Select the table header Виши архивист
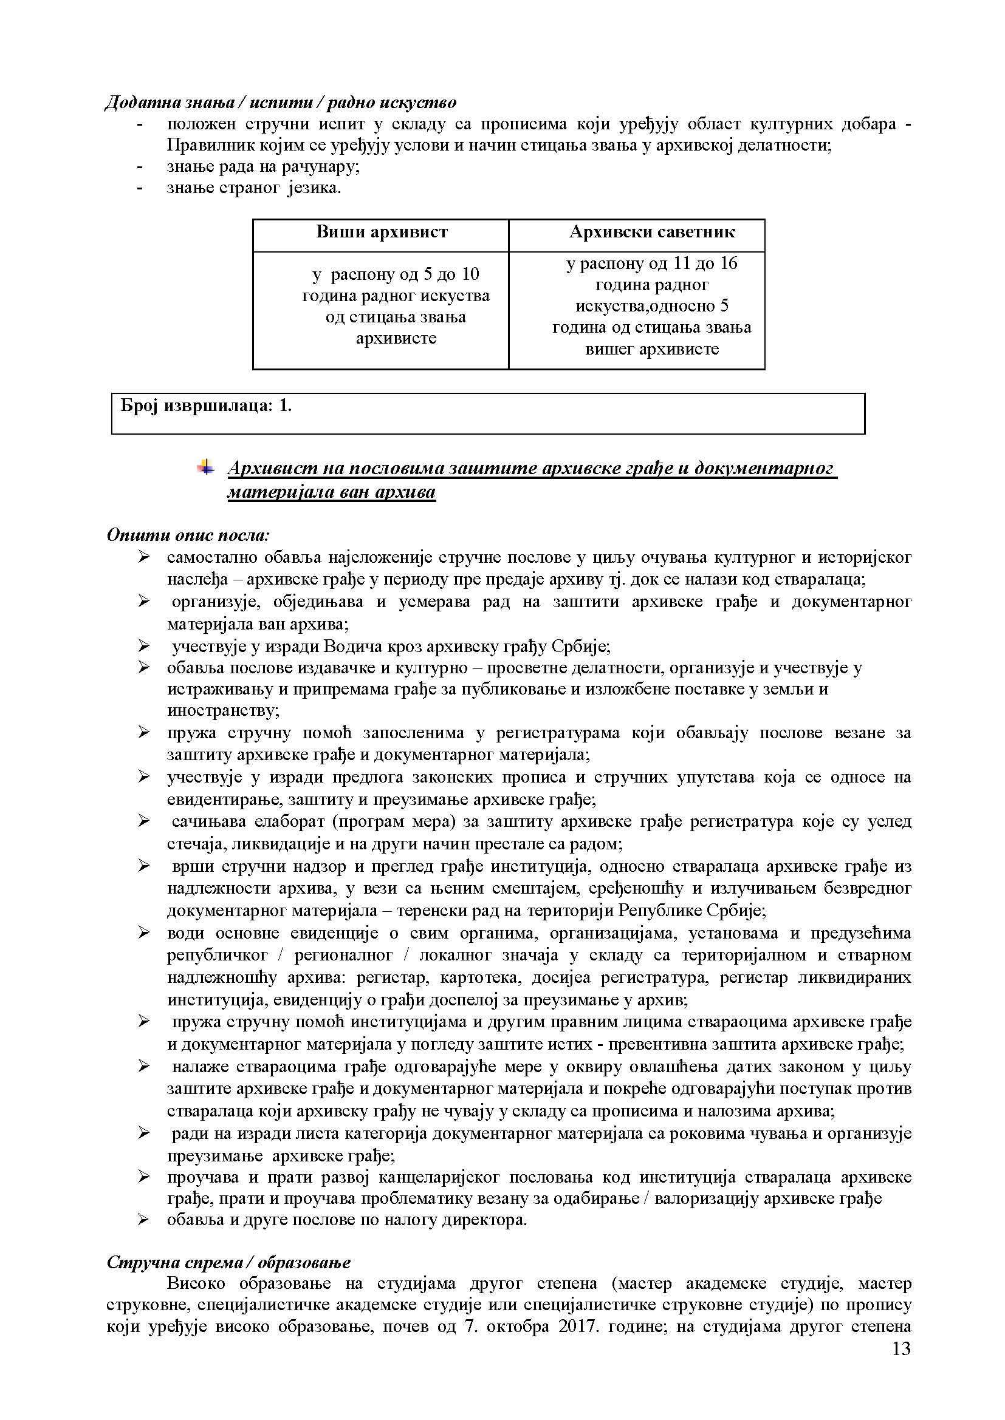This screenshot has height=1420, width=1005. (381, 233)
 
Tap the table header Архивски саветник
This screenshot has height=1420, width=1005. (651, 233)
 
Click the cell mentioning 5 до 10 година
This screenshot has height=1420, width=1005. (396, 306)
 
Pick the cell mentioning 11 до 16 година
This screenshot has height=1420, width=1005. (651, 306)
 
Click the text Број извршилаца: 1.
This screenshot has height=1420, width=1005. (206, 406)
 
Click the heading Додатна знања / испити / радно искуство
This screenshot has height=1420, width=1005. (281, 102)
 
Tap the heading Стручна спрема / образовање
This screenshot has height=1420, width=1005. (228, 1262)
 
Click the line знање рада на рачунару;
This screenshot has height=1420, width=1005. (263, 166)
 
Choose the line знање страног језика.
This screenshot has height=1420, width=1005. (254, 188)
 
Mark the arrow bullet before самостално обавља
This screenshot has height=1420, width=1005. (143, 557)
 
